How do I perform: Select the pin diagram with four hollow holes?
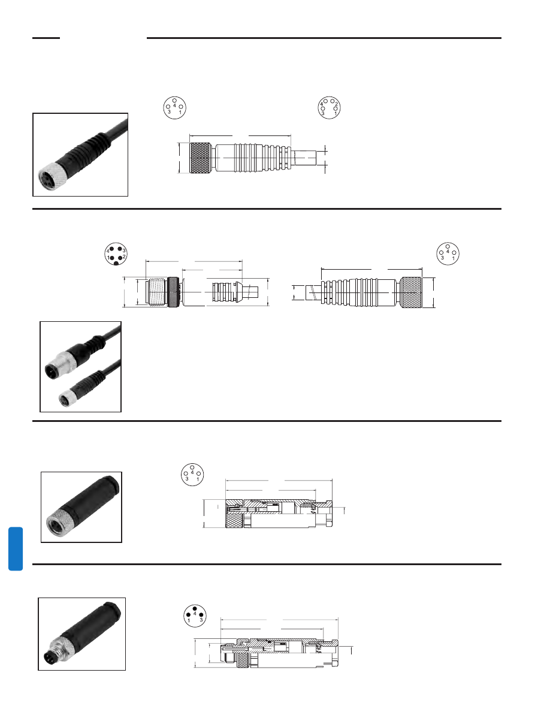328,107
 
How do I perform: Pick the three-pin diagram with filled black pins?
194,615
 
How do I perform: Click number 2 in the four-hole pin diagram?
337,104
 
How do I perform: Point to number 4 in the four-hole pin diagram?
322,104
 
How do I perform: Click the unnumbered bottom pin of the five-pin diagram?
115,263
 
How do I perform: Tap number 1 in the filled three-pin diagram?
188,620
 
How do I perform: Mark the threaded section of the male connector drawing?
157,292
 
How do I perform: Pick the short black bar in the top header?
46,38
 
